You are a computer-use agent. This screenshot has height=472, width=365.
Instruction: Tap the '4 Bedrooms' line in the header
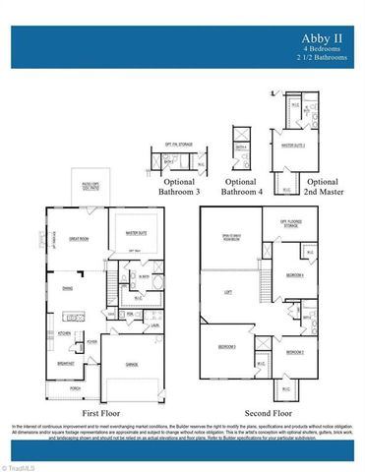pos(328,48)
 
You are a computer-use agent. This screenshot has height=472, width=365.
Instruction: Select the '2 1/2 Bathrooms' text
pos(325,57)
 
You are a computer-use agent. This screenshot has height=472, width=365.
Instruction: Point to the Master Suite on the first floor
pos(132,232)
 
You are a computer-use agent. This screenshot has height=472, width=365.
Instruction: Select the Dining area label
pos(67,288)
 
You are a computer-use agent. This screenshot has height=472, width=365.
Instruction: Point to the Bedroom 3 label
pos(226,347)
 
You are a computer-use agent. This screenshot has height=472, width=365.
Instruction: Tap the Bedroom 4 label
pos(293,275)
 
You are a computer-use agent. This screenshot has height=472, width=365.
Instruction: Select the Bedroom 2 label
pos(296,351)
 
